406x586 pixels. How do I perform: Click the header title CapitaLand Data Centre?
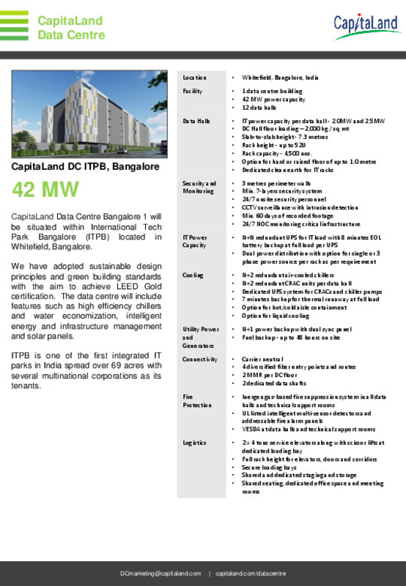[71, 28]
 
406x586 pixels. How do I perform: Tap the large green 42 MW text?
[45, 190]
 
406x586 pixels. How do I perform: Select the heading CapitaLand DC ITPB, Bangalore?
[85, 166]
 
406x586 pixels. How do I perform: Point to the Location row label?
[194, 77]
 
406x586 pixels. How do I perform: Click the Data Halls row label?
[196, 119]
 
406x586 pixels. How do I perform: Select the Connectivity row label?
[200, 360]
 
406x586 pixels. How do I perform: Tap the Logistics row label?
[195, 443]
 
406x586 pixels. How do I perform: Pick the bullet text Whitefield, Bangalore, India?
[280, 77]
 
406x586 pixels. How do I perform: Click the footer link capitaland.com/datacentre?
[251, 573]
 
